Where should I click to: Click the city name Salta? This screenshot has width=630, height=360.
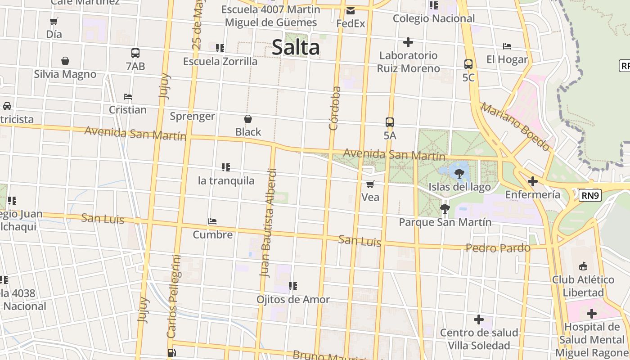[x=296, y=48]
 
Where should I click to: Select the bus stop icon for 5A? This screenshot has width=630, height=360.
[x=390, y=122]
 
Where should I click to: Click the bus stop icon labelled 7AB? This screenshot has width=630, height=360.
[x=135, y=53]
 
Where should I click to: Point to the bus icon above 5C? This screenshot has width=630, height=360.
[x=468, y=64]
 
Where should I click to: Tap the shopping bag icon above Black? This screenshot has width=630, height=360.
[x=248, y=119]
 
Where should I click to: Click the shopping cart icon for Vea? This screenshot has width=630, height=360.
[x=370, y=184]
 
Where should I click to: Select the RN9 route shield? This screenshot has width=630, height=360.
[x=590, y=195]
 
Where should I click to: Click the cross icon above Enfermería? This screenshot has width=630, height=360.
[x=533, y=181]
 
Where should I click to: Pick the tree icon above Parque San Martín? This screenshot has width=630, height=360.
[x=445, y=208]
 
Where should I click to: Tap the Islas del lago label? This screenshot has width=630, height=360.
[x=459, y=187]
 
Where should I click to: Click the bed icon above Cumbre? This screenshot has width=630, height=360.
[x=212, y=221]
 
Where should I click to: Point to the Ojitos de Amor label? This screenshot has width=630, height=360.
[x=293, y=299]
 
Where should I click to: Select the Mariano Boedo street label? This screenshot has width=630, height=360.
[x=515, y=126]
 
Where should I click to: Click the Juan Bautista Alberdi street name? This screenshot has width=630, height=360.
[x=269, y=223]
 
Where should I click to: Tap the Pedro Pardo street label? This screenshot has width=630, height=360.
[x=498, y=248]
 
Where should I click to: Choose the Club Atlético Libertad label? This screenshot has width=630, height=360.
[x=583, y=286]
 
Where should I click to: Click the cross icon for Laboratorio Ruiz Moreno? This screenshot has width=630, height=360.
[x=408, y=42]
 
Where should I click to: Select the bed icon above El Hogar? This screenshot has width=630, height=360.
[x=507, y=46]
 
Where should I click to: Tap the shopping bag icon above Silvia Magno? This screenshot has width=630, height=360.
[x=65, y=61]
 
